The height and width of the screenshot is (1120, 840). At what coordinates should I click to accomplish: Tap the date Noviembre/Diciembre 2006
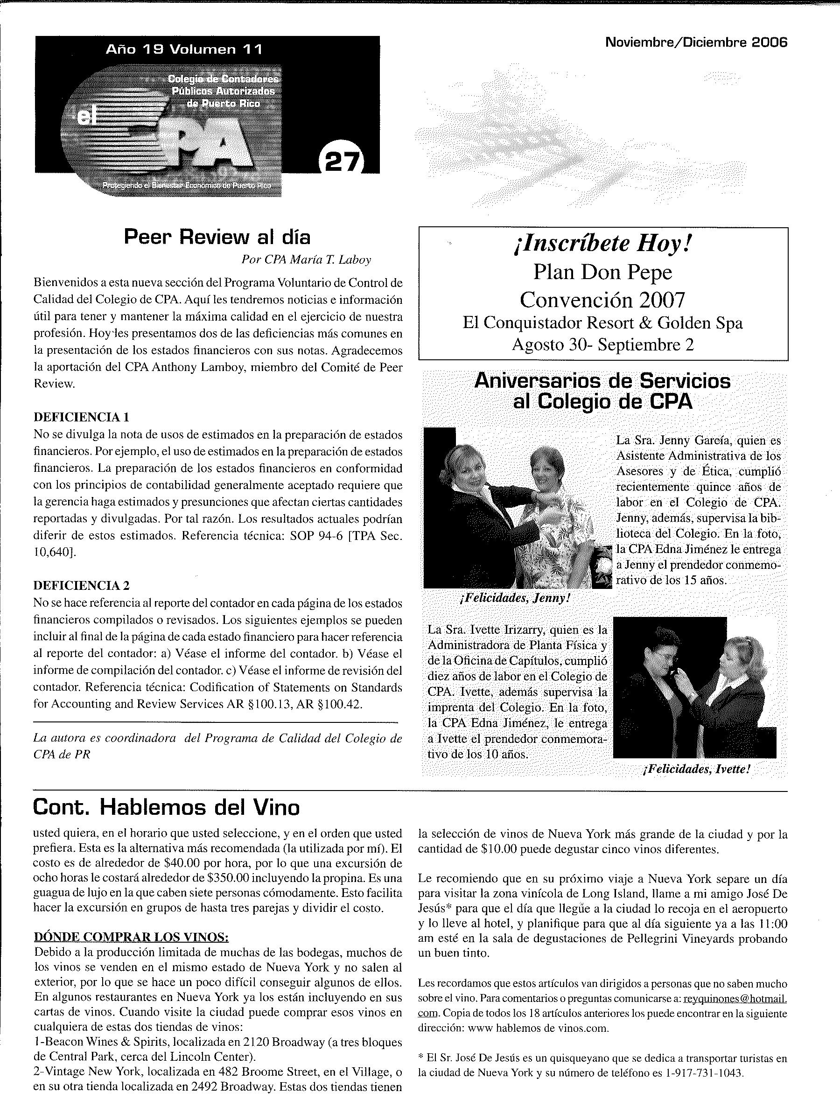tap(696, 43)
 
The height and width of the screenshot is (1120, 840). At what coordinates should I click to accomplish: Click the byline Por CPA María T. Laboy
tap(306, 260)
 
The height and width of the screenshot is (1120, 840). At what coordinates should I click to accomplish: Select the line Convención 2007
tap(602, 300)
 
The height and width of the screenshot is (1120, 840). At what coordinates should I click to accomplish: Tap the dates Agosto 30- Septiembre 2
tap(602, 345)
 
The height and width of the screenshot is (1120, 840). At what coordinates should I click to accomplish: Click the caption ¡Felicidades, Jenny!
tap(516, 598)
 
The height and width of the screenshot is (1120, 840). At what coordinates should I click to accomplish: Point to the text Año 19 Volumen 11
tap(184, 49)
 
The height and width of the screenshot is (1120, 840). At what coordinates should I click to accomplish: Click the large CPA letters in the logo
tap(203, 147)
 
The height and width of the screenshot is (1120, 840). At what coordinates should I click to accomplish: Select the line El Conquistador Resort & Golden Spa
tap(602, 323)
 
